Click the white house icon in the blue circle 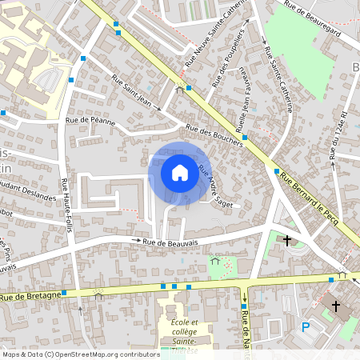179,172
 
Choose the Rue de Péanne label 90,121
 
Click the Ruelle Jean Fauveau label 241,105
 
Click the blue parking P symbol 305,326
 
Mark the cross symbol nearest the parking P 336,306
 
